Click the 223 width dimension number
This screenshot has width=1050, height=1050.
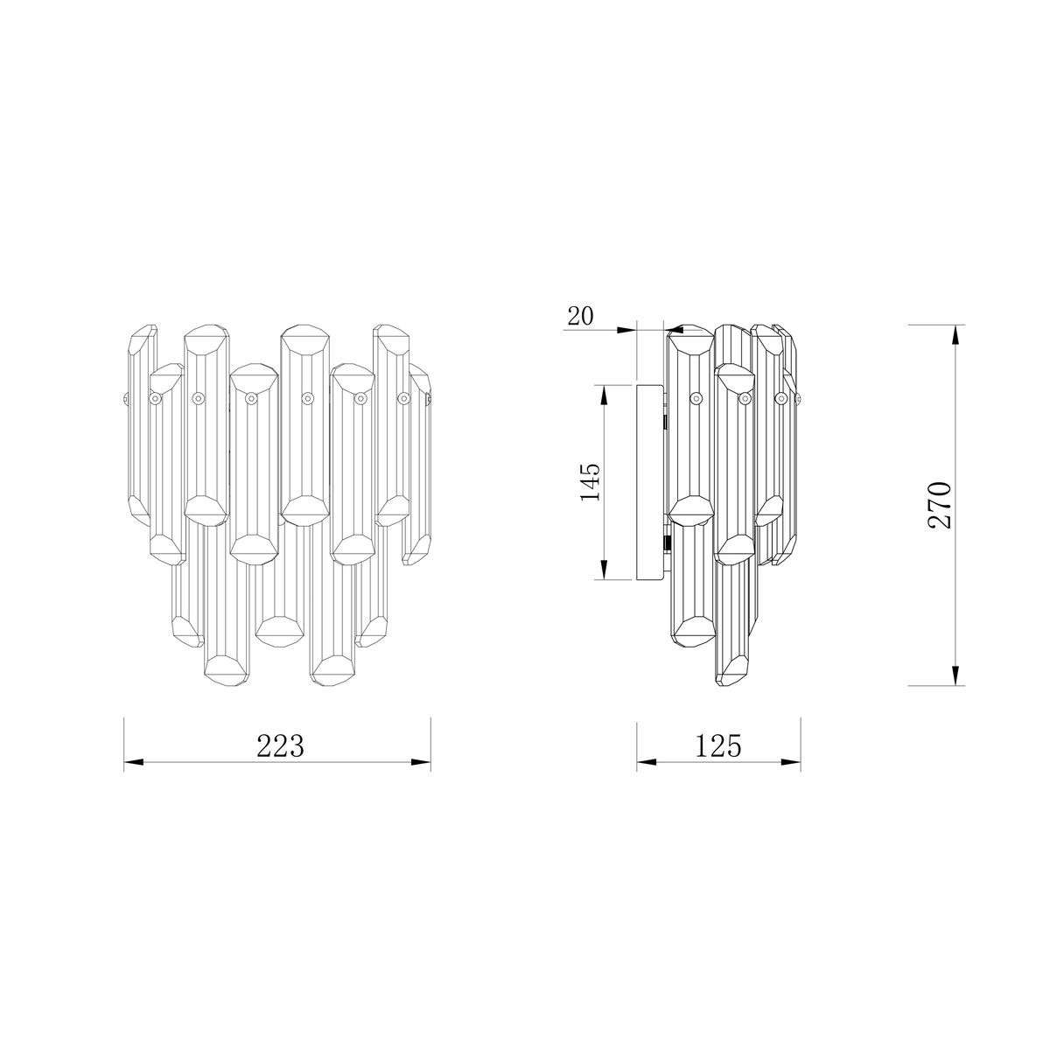[280, 746]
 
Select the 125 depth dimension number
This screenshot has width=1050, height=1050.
[718, 746]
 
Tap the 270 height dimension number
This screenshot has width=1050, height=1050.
[940, 505]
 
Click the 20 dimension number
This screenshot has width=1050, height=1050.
[580, 316]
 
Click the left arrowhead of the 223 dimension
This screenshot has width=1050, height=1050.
[133, 762]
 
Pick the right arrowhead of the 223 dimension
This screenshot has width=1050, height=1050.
[421, 762]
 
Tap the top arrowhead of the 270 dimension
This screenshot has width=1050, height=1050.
[955, 334]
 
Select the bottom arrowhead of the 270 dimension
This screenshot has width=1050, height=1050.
[955, 675]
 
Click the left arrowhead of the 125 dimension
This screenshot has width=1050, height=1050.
[647, 762]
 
